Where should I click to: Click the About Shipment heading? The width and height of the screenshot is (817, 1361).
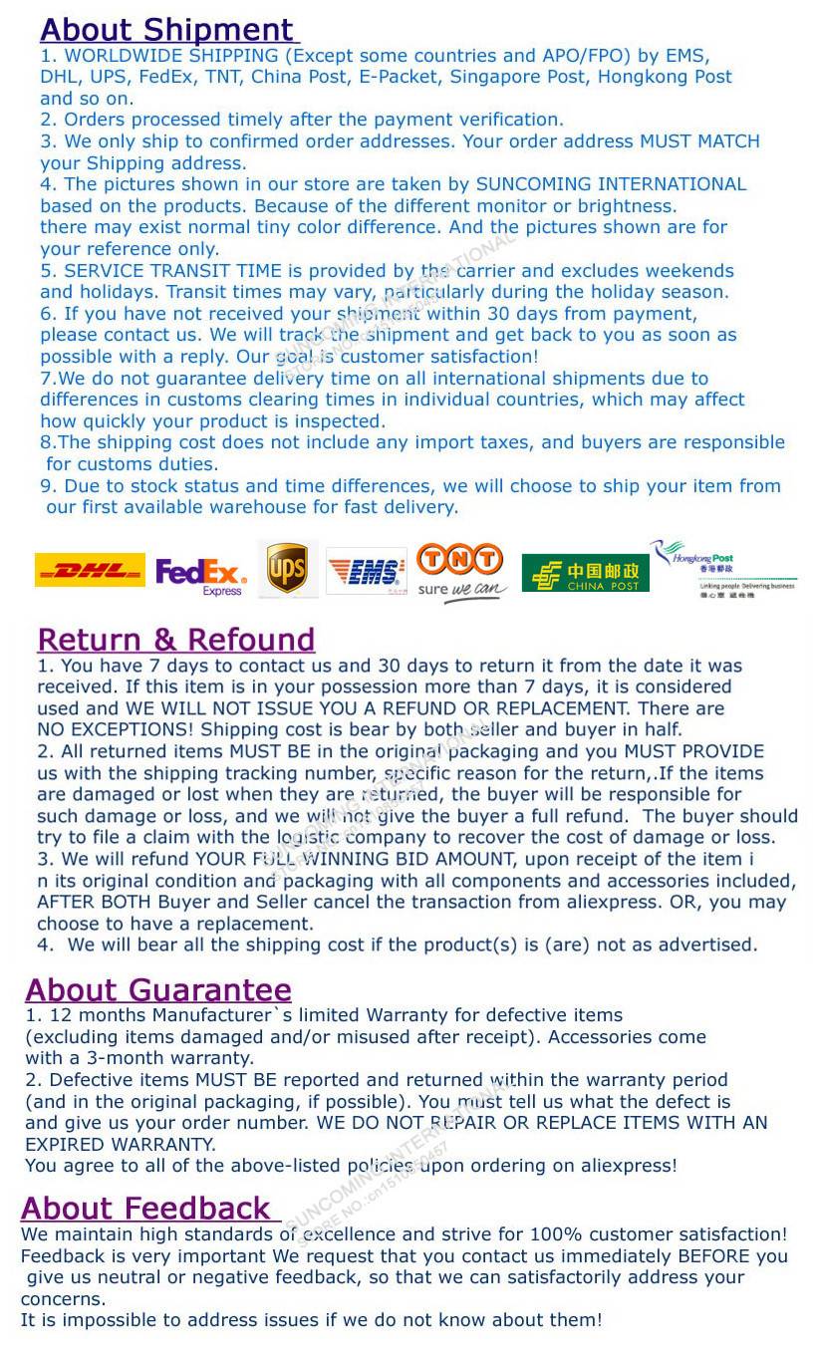(x=166, y=30)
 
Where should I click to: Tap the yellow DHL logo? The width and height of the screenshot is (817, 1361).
(x=90, y=570)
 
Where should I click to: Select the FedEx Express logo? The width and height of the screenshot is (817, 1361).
(x=201, y=575)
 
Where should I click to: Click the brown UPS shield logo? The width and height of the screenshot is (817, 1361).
(x=287, y=569)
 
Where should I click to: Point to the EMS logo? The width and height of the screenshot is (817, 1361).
(x=366, y=571)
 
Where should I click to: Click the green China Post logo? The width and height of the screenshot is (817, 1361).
(x=585, y=574)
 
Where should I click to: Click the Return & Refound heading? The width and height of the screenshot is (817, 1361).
(x=175, y=640)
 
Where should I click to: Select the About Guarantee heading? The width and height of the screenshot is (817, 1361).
(x=158, y=990)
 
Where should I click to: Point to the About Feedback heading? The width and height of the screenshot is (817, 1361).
(x=145, y=1209)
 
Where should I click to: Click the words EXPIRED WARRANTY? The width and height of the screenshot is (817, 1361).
(x=121, y=1145)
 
